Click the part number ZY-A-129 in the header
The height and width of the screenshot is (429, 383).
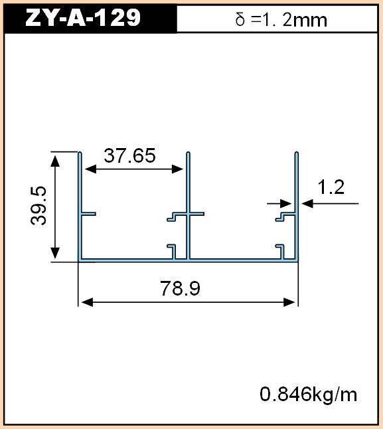pyautogui.click(x=83, y=17)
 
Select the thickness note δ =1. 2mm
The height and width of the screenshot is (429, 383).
pyautogui.click(x=281, y=20)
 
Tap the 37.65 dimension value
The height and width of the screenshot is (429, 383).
pyautogui.click(x=129, y=155)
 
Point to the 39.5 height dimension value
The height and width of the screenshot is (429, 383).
pyautogui.click(x=38, y=205)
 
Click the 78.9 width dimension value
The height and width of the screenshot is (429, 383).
pyautogui.click(x=180, y=288)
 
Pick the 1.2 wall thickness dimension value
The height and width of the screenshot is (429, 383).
pyautogui.click(x=331, y=187)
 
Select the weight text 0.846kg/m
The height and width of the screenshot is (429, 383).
pyautogui.click(x=309, y=394)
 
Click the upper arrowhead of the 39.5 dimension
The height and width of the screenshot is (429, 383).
pyautogui.click(x=55, y=161)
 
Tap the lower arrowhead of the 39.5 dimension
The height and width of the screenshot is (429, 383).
pyautogui.click(x=55, y=253)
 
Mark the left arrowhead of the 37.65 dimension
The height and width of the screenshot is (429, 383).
pyautogui.click(x=90, y=169)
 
